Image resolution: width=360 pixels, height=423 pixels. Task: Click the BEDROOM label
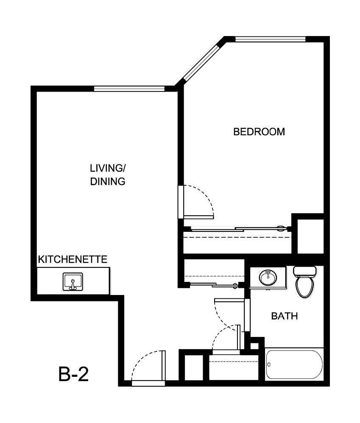click(x=259, y=132)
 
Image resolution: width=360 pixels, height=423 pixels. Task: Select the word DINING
click(x=108, y=181)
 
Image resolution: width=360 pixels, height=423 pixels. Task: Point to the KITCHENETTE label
click(x=73, y=259)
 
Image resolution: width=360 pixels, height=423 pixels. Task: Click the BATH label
click(x=285, y=316)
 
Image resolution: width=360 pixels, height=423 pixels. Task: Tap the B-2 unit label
click(x=73, y=374)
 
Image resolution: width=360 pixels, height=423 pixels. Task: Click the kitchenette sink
click(x=73, y=282)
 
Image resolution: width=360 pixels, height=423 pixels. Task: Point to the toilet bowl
click(x=304, y=287)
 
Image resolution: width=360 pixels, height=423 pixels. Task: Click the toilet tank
click(x=304, y=270)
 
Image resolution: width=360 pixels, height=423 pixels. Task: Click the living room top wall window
click(x=129, y=89)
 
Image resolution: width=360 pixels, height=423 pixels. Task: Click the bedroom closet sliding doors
click(x=237, y=229)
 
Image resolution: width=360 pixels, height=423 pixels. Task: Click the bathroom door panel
click(x=246, y=316)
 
